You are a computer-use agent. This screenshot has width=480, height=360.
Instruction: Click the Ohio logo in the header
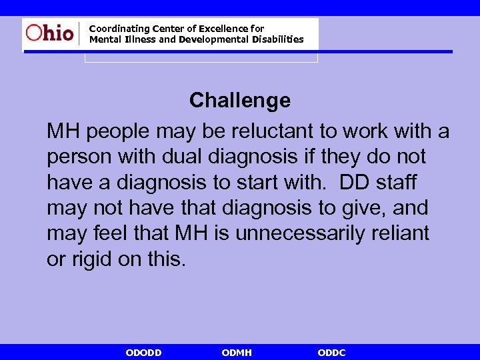click(x=50, y=33)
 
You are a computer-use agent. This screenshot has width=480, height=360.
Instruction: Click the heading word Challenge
click(x=240, y=101)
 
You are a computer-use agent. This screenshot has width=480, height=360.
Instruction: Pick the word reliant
click(x=397, y=233)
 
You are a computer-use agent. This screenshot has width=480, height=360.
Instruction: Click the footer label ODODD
click(x=143, y=353)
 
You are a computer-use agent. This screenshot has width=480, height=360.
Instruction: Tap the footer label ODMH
click(x=236, y=353)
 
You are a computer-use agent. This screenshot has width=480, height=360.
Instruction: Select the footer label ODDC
click(x=331, y=353)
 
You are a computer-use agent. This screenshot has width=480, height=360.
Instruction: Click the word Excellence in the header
click(x=223, y=29)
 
